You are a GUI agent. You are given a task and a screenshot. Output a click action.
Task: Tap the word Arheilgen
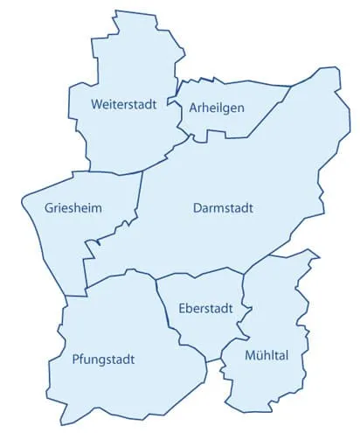tap(216, 108)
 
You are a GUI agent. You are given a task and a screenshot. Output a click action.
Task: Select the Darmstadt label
tap(223, 208)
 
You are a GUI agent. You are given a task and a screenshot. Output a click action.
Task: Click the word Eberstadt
tap(204, 308)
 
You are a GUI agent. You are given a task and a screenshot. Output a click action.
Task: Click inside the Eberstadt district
tap(197, 337)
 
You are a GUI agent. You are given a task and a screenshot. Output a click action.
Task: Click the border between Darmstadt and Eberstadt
tap(201, 275)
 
